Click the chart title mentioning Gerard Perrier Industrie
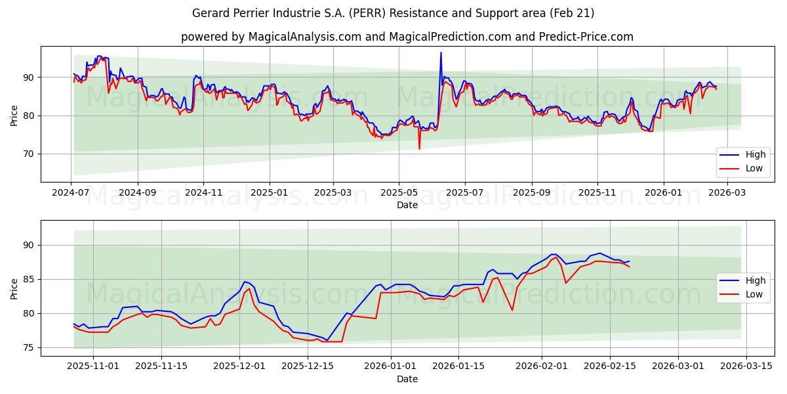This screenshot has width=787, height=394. click(393, 13)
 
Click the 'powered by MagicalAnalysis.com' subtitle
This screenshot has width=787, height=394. click(407, 37)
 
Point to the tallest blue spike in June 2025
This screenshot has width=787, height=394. click(441, 53)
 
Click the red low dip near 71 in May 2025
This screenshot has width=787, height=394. click(419, 148)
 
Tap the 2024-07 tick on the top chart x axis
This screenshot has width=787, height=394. click(71, 192)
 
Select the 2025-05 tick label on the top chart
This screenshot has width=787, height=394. click(399, 192)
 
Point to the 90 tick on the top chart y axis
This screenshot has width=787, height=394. click(29, 77)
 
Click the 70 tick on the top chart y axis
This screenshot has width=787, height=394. click(29, 154)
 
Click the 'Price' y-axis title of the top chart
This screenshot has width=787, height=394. click(14, 114)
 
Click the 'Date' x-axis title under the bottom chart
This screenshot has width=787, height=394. click(407, 379)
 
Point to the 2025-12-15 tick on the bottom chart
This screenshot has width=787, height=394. click(307, 366)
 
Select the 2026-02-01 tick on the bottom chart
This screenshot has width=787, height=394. click(542, 366)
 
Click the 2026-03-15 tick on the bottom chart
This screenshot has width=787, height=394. click(748, 366)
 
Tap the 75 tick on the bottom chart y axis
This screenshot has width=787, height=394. click(29, 347)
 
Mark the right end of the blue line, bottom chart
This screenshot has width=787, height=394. click(629, 261)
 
